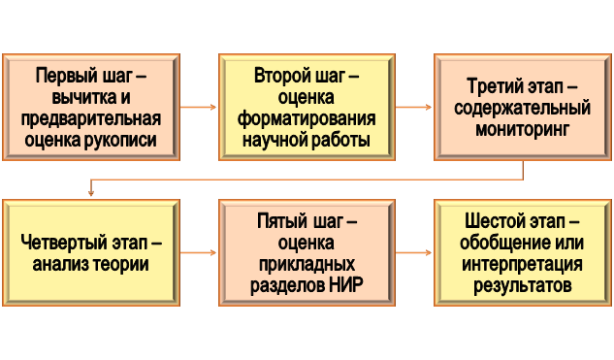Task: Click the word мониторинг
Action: click(524, 128)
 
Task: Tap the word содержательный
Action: click(523, 107)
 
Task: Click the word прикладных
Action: click(307, 264)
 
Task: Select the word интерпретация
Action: click(523, 264)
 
